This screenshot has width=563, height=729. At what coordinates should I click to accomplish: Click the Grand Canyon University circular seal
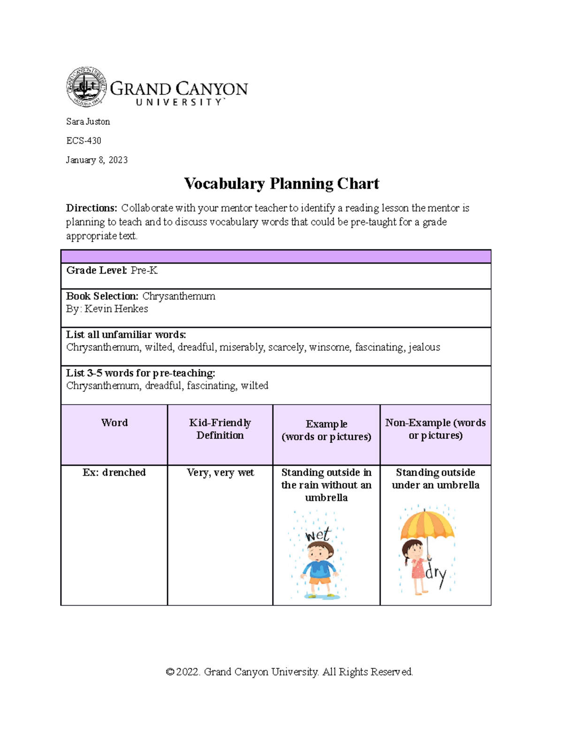click(86, 87)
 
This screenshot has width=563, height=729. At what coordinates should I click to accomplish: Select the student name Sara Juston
click(88, 122)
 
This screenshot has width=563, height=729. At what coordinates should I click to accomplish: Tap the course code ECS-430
click(84, 141)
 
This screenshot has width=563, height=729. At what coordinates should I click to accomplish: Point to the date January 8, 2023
click(97, 160)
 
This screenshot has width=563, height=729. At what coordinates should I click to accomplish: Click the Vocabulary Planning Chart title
click(281, 183)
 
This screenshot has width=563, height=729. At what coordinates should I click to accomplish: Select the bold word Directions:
click(91, 208)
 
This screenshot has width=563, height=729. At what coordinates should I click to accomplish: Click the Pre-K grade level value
click(144, 270)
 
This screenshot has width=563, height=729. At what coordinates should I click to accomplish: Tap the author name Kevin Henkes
click(116, 309)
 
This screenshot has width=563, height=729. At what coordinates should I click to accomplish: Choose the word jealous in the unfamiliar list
click(424, 347)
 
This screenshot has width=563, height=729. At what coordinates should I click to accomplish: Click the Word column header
click(114, 422)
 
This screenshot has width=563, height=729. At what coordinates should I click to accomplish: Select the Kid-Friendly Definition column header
click(220, 429)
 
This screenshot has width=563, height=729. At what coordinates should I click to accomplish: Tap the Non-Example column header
click(435, 429)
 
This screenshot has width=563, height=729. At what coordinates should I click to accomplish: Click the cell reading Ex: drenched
click(114, 472)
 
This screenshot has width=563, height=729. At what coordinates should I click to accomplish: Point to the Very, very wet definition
click(220, 472)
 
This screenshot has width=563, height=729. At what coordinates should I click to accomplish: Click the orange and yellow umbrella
click(427, 524)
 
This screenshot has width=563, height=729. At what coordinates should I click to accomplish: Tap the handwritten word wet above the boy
click(318, 535)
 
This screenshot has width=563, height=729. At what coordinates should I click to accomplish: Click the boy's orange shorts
click(320, 580)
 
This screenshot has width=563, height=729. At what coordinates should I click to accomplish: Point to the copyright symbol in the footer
click(170, 672)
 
